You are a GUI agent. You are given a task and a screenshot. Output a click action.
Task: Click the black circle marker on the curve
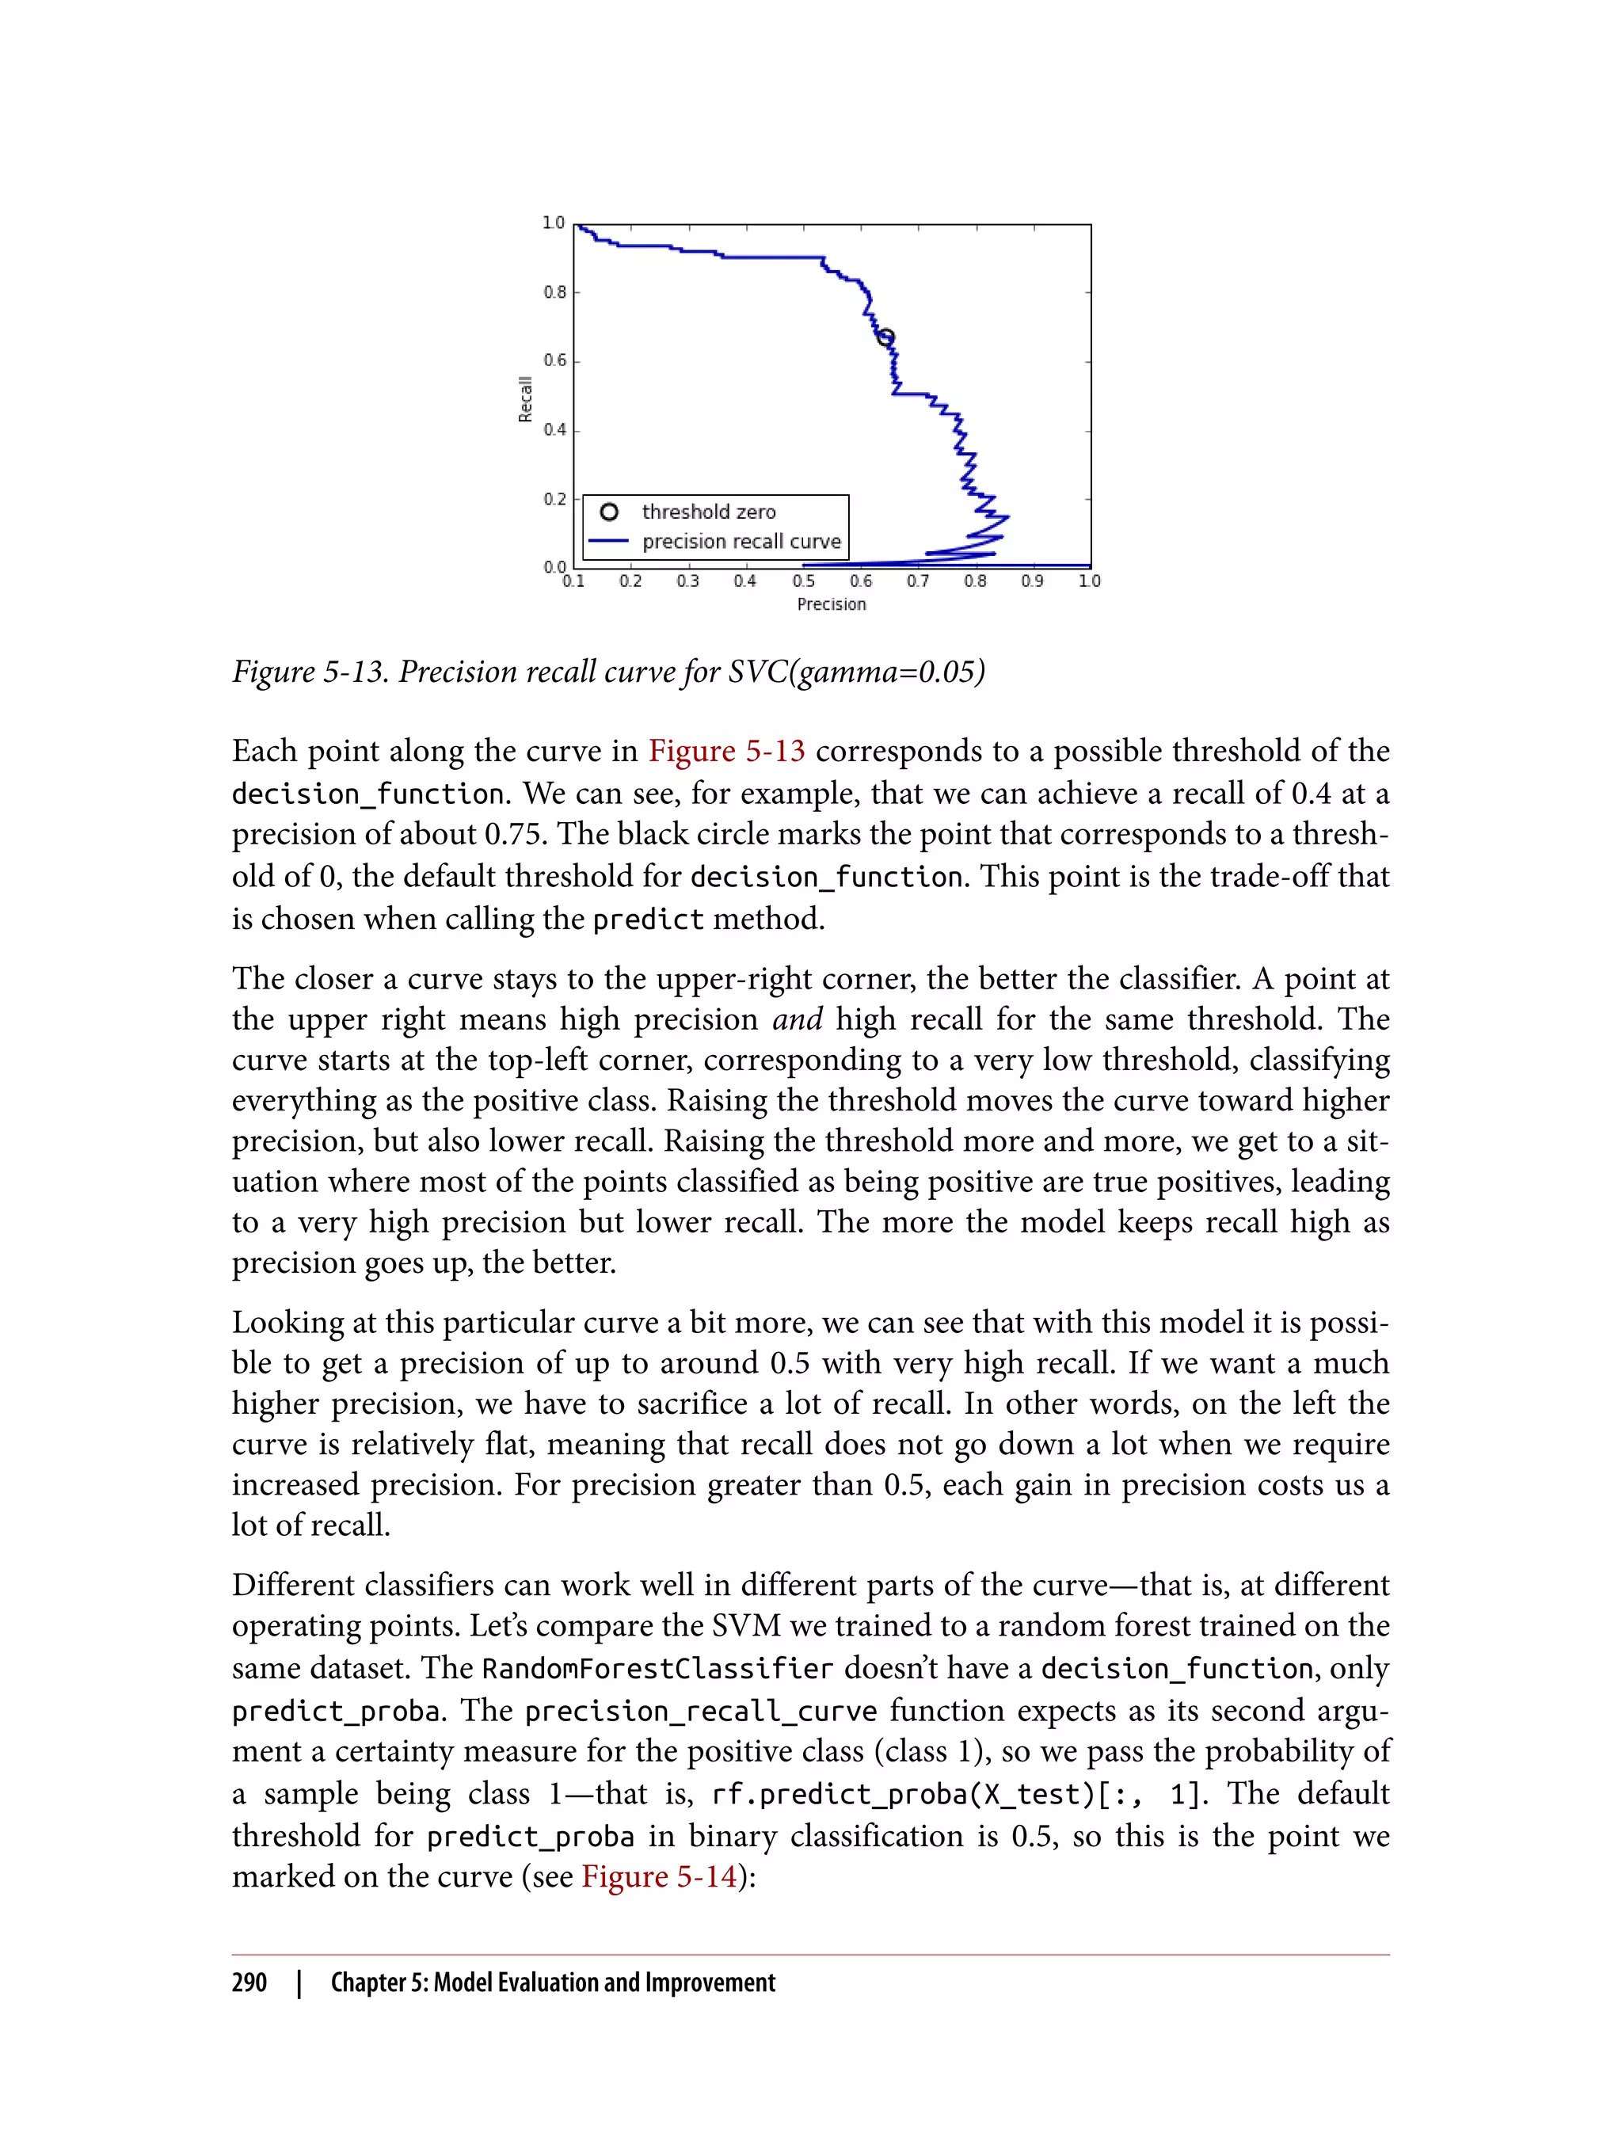pyautogui.click(x=885, y=337)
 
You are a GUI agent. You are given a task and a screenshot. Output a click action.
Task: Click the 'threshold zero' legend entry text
pyautogui.click(x=709, y=512)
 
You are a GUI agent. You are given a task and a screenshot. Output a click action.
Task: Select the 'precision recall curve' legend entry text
pyautogui.click(x=741, y=542)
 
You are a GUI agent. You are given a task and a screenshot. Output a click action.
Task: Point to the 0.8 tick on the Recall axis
pyautogui.click(x=554, y=291)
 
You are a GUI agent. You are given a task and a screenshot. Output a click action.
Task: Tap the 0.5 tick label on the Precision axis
pyautogui.click(x=803, y=581)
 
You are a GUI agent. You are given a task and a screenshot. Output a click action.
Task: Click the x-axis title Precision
pyautogui.click(x=832, y=604)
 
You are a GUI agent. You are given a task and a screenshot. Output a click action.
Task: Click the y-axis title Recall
pyautogui.click(x=525, y=398)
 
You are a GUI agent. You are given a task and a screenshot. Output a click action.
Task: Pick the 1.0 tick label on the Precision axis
pyautogui.click(x=1089, y=581)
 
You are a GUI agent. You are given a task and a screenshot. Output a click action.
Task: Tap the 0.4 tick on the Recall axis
pyautogui.click(x=554, y=429)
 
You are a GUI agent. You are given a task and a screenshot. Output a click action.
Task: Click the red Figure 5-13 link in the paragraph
pyautogui.click(x=726, y=751)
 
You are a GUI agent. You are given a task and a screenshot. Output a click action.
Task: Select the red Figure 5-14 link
pyautogui.click(x=658, y=1876)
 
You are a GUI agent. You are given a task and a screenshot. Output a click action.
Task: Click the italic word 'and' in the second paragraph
pyautogui.click(x=797, y=1019)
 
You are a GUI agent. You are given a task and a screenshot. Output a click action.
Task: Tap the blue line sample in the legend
pyautogui.click(x=609, y=542)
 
